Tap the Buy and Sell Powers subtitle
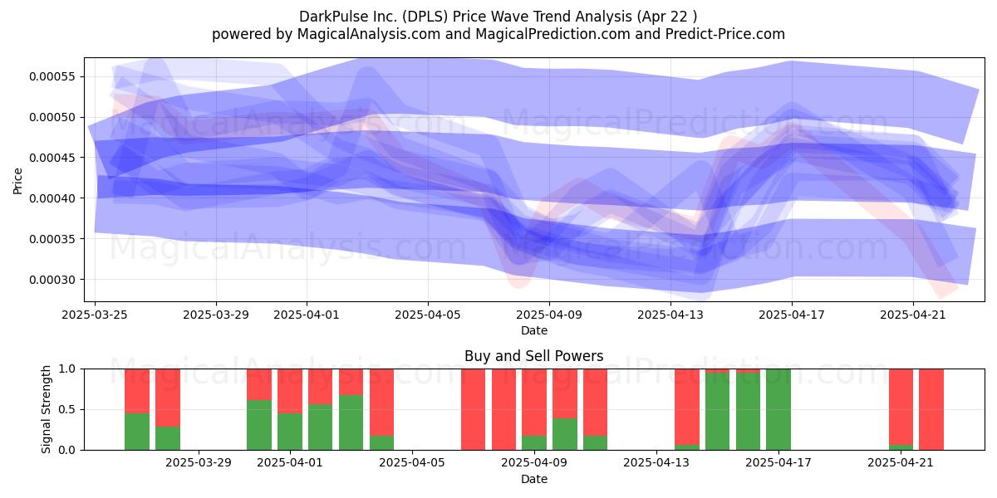533,356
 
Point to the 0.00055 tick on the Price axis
52,76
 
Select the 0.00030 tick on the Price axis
52,280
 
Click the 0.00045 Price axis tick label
52,158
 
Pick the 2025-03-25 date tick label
95,315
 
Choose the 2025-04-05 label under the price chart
428,315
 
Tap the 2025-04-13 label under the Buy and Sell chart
656,462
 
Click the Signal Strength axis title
46,409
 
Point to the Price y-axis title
17,181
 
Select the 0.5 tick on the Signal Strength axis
66,409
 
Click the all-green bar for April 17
778,409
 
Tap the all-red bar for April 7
473,409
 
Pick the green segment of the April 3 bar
351,422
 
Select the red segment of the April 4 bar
381,403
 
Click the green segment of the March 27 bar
168,438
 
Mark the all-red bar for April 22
931,409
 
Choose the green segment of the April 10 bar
565,434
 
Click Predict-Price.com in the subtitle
725,34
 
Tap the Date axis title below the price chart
533,330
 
